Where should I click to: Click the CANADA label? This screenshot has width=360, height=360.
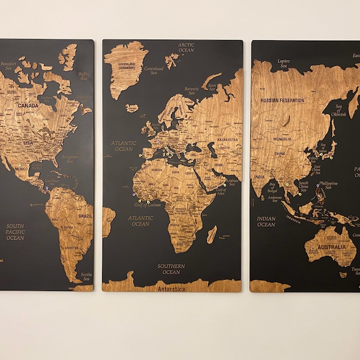coord(28,106)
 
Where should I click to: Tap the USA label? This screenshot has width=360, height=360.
coord(28,143)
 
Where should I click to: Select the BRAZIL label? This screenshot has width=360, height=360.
coord(85,216)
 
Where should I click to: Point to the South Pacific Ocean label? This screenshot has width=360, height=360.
coord(16,232)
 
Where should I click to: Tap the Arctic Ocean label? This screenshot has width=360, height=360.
coord(186,47)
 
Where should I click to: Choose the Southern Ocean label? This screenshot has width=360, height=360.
coord(171,269)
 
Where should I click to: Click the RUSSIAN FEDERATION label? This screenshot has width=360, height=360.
coord(283,100)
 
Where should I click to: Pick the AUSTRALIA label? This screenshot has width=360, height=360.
coord(332,247)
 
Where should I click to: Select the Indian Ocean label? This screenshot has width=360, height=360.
coord(266,221)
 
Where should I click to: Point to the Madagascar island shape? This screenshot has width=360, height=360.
coord(211,234)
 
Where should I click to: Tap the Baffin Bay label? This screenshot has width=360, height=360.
coord(83,76)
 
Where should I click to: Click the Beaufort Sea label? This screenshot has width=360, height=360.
coord(8,66)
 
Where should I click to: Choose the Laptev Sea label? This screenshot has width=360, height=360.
coord(283,62)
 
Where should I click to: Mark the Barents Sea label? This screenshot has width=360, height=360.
coord(191,91)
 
